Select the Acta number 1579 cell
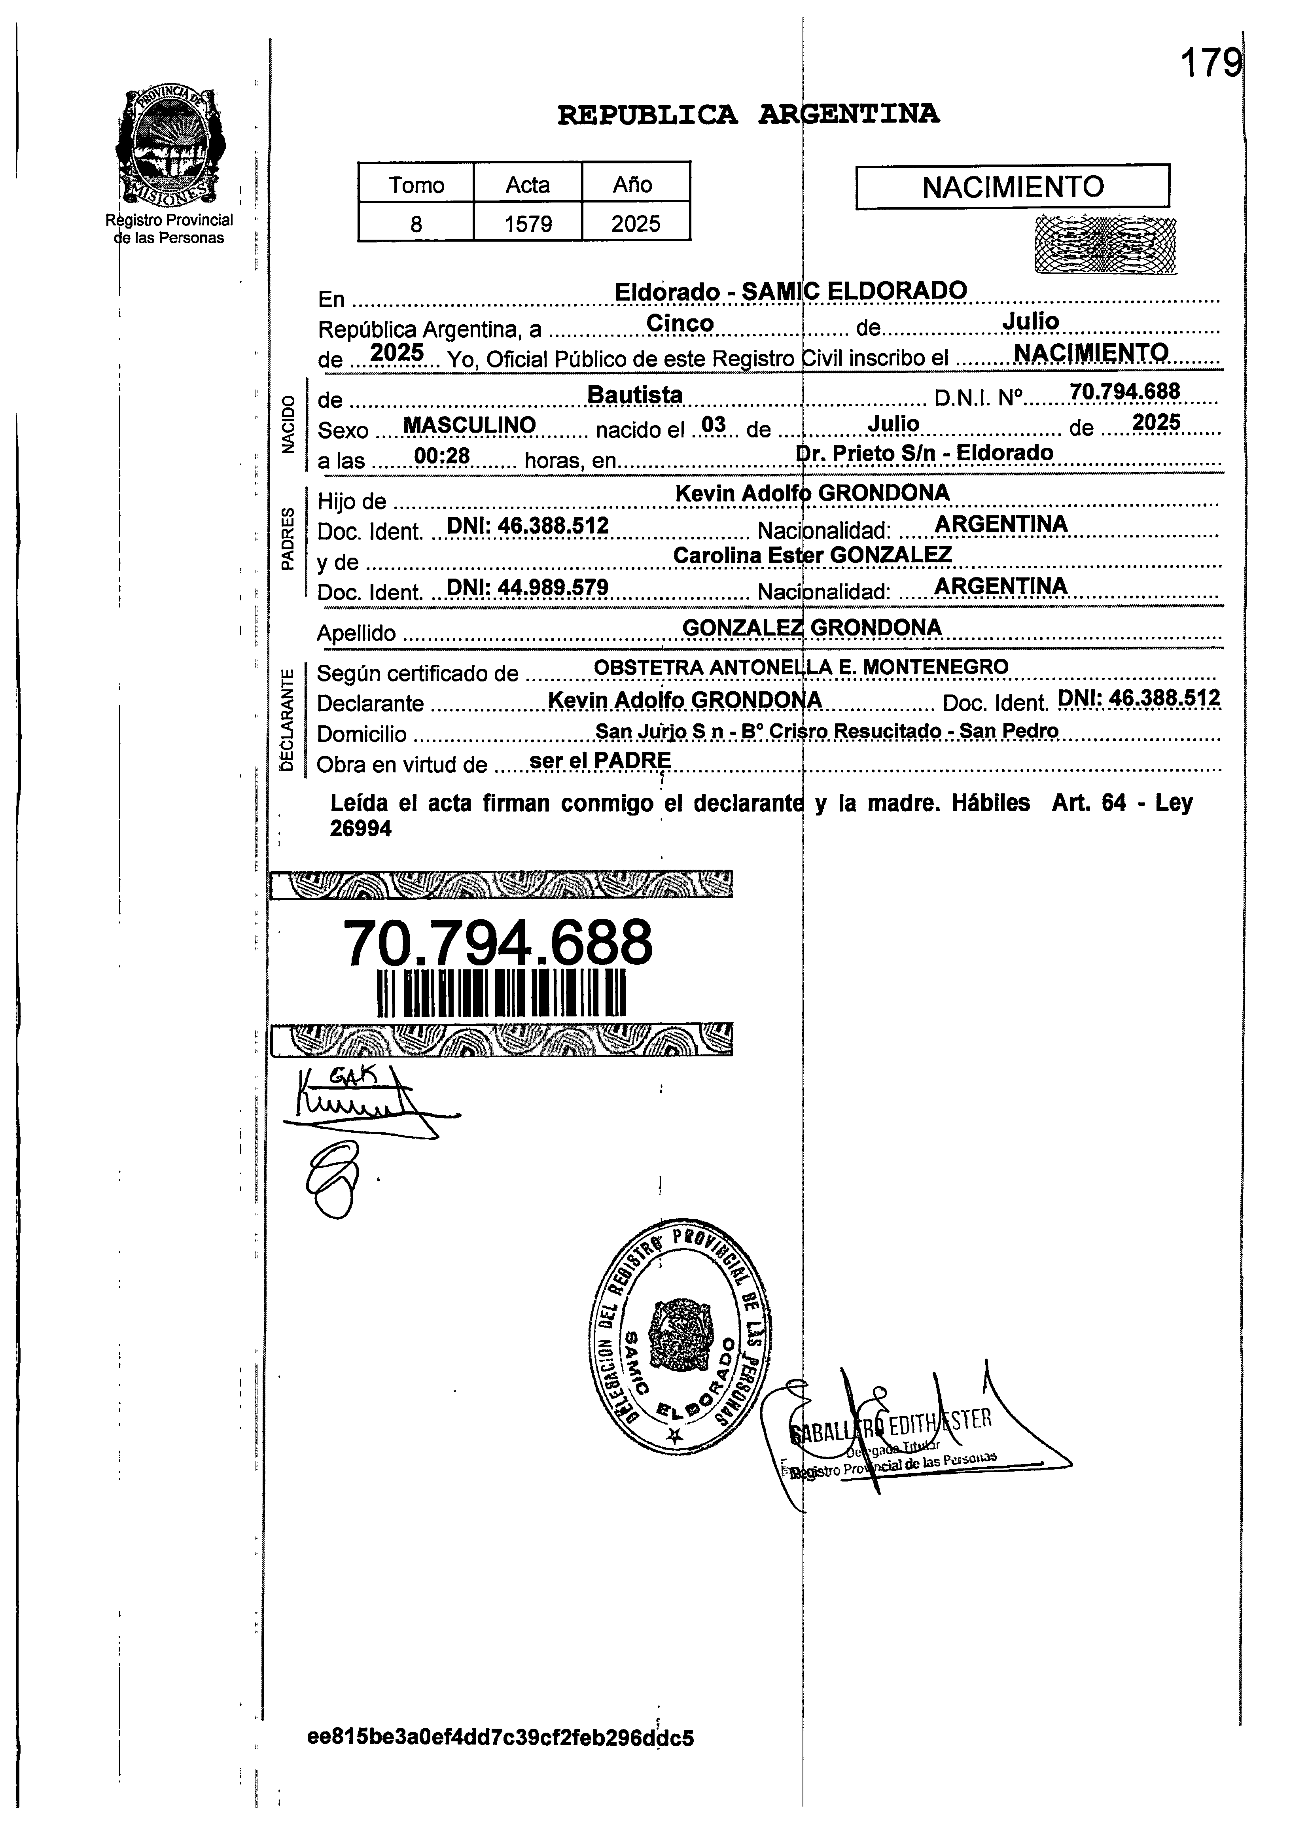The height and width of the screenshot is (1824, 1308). (x=528, y=223)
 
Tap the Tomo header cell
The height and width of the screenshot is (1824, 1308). (x=416, y=184)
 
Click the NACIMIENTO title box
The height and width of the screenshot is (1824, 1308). (x=1012, y=187)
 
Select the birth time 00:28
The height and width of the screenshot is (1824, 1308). (x=442, y=456)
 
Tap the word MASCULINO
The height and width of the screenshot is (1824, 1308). (x=469, y=425)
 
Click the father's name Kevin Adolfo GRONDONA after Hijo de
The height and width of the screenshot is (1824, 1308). (x=812, y=493)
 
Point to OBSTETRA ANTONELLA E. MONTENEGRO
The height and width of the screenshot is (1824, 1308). (x=801, y=667)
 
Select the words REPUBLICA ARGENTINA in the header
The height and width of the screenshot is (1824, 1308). (x=748, y=114)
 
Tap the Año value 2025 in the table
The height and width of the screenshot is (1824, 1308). (x=636, y=223)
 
